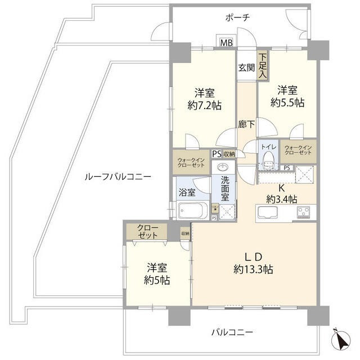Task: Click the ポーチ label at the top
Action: pos(237,17)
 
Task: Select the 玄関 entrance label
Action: pos(246,68)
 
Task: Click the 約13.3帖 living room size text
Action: pos(253,269)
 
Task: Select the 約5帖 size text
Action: pos(156,280)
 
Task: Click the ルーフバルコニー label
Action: pos(118,176)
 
